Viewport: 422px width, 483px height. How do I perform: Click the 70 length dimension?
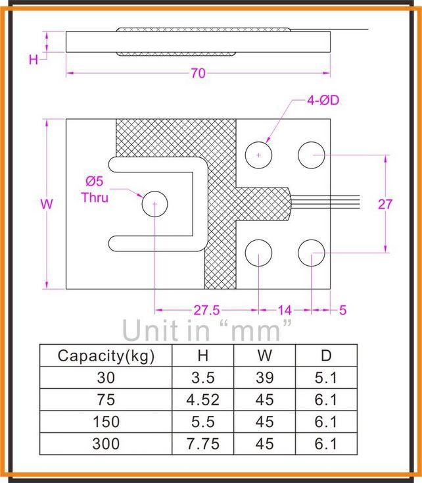click(198, 74)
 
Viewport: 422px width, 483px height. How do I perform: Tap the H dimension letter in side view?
click(33, 60)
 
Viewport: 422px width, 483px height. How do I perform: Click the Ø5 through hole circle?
click(154, 203)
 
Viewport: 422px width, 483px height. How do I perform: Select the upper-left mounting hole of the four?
click(259, 155)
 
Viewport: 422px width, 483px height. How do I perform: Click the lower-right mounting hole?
click(311, 253)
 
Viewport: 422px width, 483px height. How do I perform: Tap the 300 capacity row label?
click(106, 444)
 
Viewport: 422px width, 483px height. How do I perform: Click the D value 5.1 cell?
click(326, 378)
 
